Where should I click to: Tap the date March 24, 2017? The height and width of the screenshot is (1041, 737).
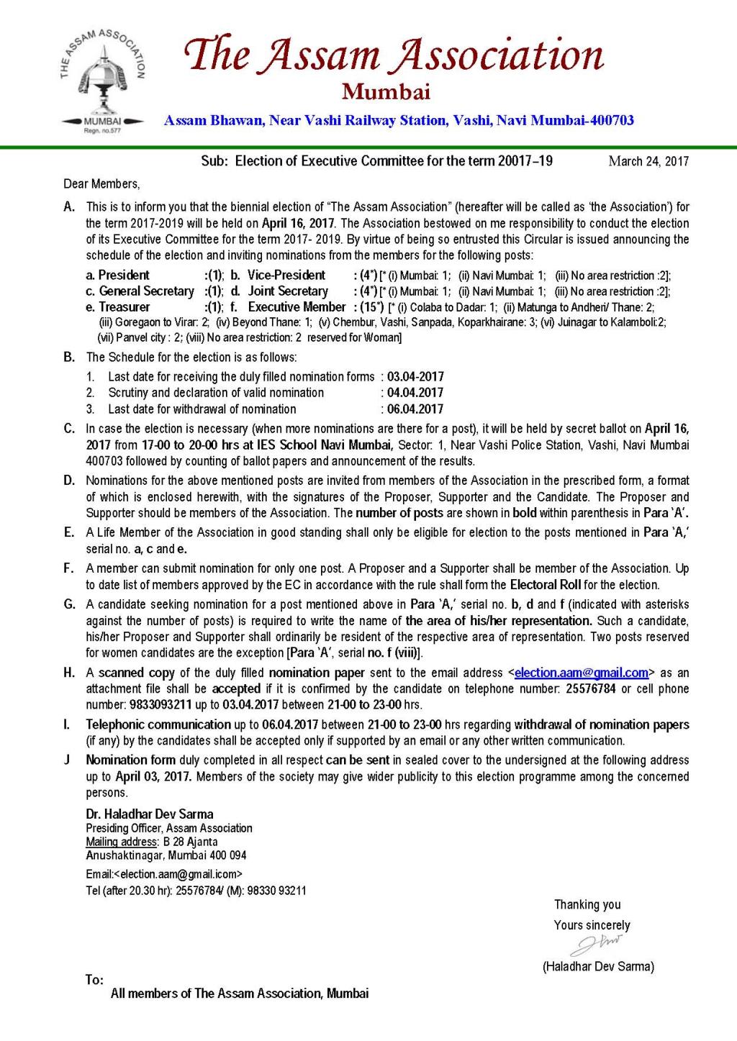648,161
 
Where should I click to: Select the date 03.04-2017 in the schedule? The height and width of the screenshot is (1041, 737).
415,377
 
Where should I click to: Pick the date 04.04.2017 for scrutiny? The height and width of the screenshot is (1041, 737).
415,393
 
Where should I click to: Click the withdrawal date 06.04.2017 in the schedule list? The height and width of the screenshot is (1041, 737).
415,409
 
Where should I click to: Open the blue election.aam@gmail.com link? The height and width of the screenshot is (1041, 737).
582,673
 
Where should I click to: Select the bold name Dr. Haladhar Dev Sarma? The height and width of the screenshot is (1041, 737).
150,814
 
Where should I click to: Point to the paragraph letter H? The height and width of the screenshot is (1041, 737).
69,673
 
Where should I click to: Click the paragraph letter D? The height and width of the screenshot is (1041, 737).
69,481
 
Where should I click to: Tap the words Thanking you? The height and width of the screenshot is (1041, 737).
587,905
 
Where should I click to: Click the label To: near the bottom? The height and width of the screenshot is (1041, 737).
94,980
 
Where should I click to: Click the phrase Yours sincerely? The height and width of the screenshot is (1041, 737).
592,925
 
